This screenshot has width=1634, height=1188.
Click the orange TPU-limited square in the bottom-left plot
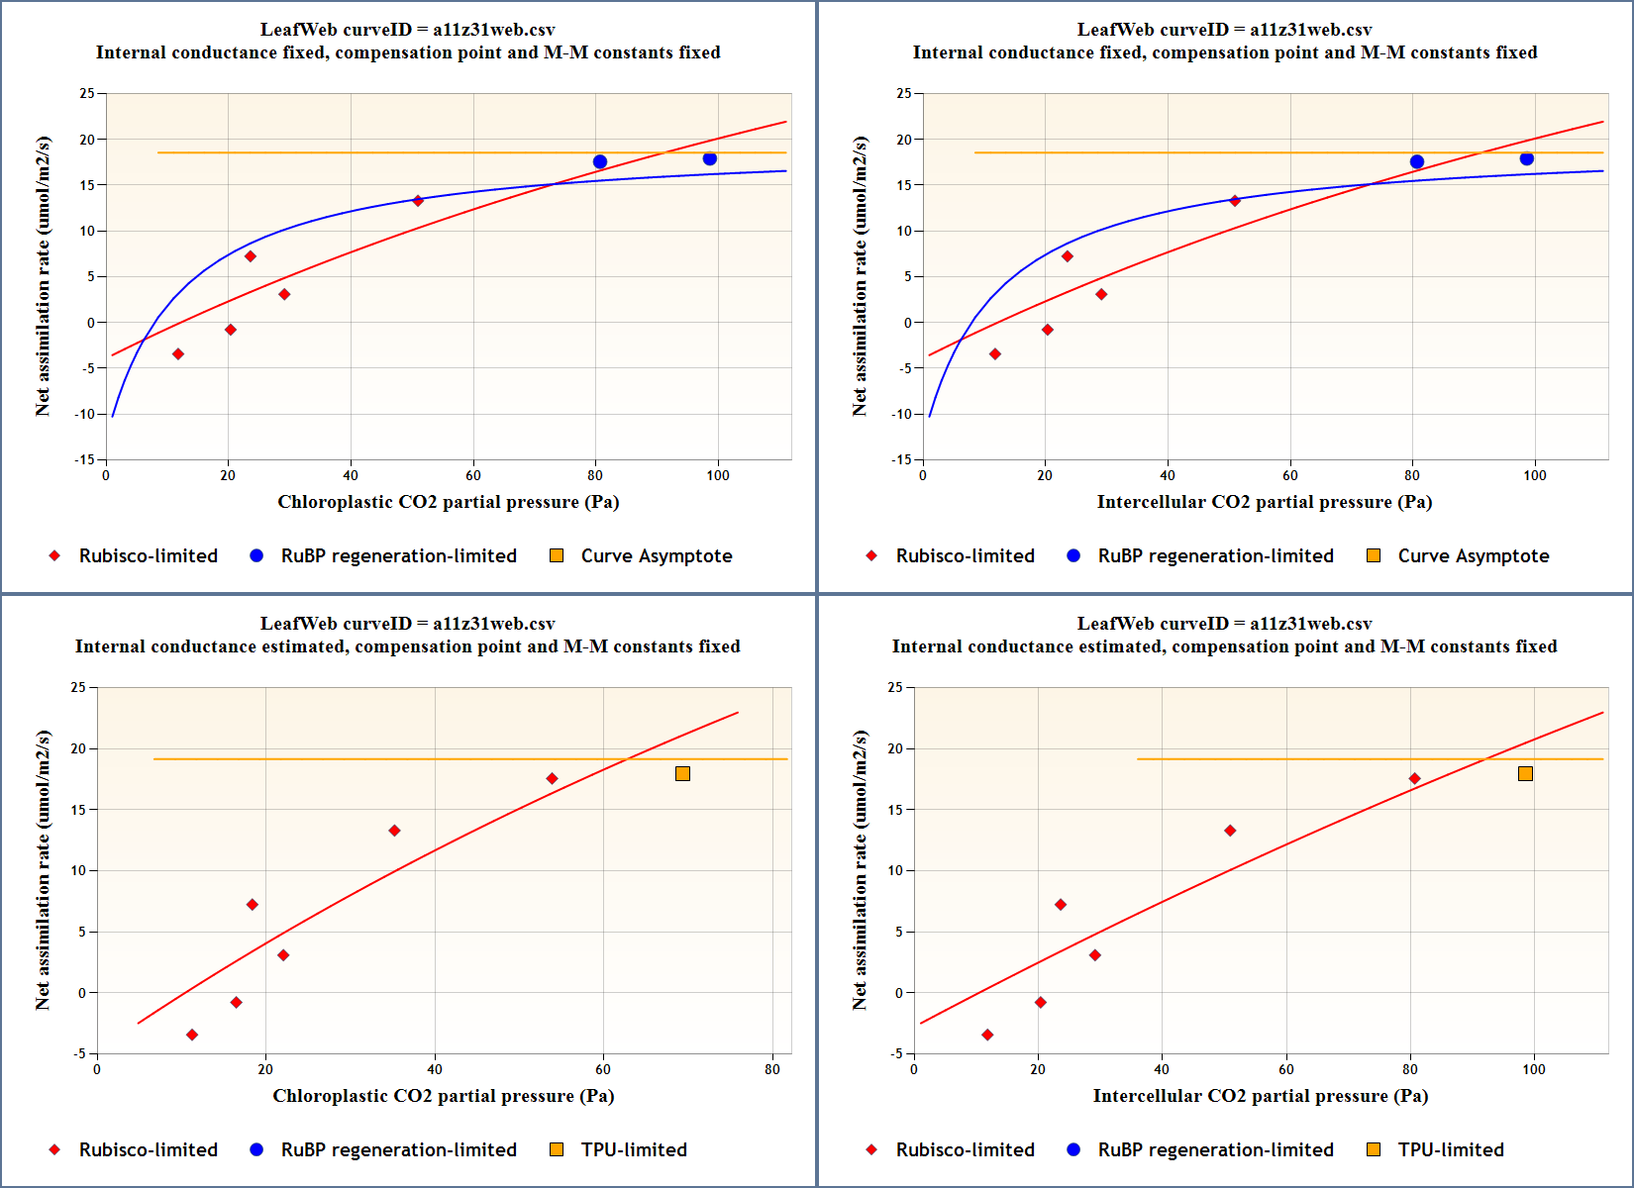pos(682,773)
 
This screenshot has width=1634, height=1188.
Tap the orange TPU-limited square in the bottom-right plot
pos(1525,773)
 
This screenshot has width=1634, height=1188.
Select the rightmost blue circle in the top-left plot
pos(710,159)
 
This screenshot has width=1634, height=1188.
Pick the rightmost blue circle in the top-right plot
pos(1527,159)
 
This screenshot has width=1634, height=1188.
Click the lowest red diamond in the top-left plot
pos(178,354)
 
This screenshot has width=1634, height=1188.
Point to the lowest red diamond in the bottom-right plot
pos(987,1035)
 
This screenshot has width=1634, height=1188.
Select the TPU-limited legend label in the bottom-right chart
pos(1450,1150)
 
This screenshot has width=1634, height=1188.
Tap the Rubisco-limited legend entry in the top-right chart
pos(965,556)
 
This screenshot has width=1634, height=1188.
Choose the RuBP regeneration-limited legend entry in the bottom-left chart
pos(398,1150)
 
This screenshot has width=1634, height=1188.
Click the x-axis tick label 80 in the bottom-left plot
pos(772,1069)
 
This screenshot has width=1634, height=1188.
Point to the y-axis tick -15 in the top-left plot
pos(87,459)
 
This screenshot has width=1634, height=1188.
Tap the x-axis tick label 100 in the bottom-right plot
pos(1533,1069)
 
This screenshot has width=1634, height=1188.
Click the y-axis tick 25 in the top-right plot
pos(903,93)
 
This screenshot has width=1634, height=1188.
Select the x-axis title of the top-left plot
pos(448,502)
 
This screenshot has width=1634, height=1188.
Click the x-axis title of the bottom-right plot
pos(1260,1096)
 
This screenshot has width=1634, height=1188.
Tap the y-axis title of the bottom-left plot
pos(43,870)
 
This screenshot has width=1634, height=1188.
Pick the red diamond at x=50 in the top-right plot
pos(1235,201)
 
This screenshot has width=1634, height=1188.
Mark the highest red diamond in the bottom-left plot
pos(552,779)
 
